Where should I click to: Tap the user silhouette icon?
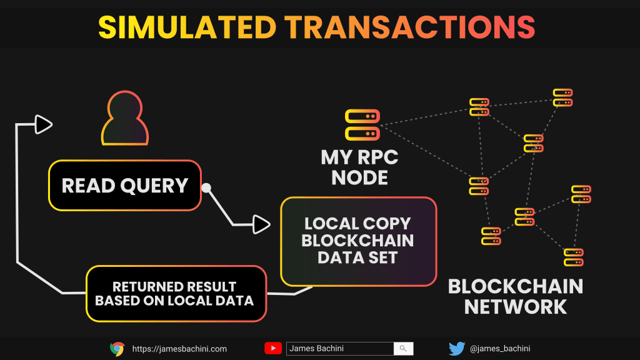(x=126, y=118)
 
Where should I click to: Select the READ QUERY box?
(x=125, y=186)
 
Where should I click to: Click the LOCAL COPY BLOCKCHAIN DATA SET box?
(x=358, y=241)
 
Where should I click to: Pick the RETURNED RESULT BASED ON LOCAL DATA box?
(x=174, y=294)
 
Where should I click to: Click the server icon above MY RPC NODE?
(x=362, y=124)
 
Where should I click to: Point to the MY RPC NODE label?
(x=359, y=167)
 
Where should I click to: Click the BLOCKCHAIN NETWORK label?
(x=516, y=296)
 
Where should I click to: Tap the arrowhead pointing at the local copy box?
(x=261, y=223)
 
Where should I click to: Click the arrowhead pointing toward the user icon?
(x=43, y=124)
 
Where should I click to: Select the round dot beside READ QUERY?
(x=206, y=187)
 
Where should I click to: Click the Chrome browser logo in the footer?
(x=117, y=349)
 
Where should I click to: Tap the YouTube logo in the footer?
(x=273, y=349)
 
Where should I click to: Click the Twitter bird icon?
(x=457, y=349)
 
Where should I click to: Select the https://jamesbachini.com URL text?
(x=179, y=349)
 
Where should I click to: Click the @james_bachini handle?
(x=499, y=349)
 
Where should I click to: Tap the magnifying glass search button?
(x=403, y=349)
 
